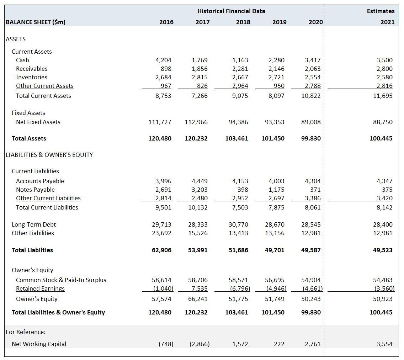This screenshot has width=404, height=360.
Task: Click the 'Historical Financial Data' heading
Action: click(x=231, y=11)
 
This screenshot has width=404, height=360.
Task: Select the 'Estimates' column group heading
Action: click(x=381, y=11)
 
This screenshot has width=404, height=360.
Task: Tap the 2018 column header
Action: click(x=243, y=22)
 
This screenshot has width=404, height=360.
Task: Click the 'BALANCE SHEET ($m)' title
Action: click(x=36, y=22)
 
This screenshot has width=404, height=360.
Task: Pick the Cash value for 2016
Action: click(x=164, y=60)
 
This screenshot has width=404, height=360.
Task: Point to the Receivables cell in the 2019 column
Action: click(x=277, y=69)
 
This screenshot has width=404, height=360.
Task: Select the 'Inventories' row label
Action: click(x=32, y=77)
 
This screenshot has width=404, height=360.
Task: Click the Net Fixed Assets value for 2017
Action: click(x=196, y=122)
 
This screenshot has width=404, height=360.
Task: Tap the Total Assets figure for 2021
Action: click(x=381, y=138)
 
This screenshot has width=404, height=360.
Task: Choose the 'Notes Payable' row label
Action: click(x=35, y=190)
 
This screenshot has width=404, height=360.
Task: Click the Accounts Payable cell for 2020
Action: click(x=313, y=181)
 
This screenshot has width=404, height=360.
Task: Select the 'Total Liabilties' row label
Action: click(x=32, y=250)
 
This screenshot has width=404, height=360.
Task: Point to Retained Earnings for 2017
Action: click(x=200, y=288)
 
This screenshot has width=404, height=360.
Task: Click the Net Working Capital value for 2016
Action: click(x=166, y=344)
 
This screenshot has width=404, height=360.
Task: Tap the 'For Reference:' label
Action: click(x=26, y=332)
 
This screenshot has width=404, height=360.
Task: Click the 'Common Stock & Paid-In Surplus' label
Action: click(x=61, y=280)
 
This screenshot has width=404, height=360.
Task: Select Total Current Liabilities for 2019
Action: click(x=277, y=207)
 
